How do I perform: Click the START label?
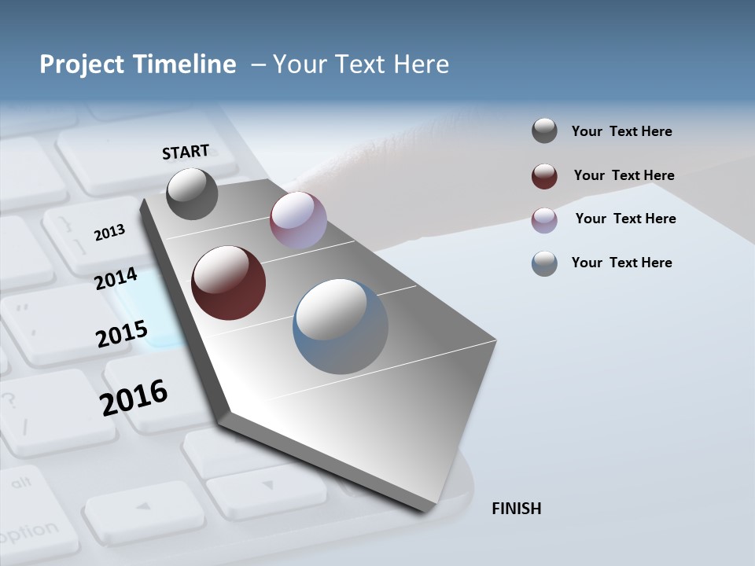click(x=186, y=152)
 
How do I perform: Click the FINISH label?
click(x=516, y=509)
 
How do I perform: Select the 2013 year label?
click(x=109, y=233)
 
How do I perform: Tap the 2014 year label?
click(x=116, y=278)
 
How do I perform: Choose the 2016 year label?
click(x=134, y=398)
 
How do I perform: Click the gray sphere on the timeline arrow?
click(x=193, y=193)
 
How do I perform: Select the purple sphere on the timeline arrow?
click(x=298, y=220)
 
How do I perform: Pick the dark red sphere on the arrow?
click(x=228, y=283)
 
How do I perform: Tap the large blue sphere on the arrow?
click(x=340, y=326)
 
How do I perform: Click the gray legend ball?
click(x=544, y=131)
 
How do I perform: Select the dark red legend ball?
click(x=544, y=176)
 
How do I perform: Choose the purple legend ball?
click(x=544, y=220)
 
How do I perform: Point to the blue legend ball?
click(x=544, y=263)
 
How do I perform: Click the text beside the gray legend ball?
click(x=621, y=132)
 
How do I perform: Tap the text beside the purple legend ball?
click(x=625, y=219)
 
